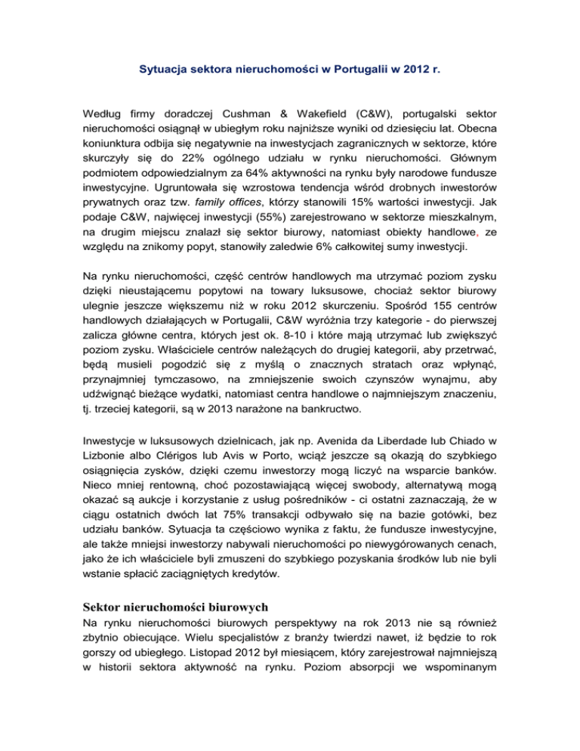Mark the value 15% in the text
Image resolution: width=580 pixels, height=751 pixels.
373,214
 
